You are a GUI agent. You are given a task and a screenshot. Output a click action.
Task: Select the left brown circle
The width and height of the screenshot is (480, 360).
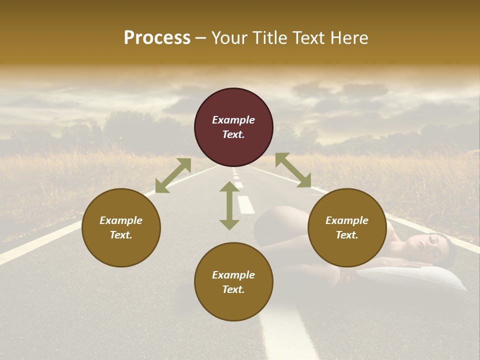pos(121,227)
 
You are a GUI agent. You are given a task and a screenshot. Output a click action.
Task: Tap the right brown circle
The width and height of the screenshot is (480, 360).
pos(347,227)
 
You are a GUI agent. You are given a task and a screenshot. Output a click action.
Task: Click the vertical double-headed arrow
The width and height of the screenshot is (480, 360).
pos(229,205)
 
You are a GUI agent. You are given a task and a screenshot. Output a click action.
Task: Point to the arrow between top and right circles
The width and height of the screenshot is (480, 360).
pos(293,170)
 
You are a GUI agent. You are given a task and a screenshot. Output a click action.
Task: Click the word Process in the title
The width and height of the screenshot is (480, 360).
pos(157,38)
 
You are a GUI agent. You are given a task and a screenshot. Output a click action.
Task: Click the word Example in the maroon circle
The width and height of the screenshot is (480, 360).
pos(233,120)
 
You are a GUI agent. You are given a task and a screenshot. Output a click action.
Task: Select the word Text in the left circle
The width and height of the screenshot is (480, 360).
pos(121,235)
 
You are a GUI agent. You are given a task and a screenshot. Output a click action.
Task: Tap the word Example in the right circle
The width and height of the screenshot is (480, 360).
pos(347,220)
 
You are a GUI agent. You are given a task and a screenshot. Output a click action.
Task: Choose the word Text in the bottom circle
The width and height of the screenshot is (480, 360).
pos(233,289)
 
